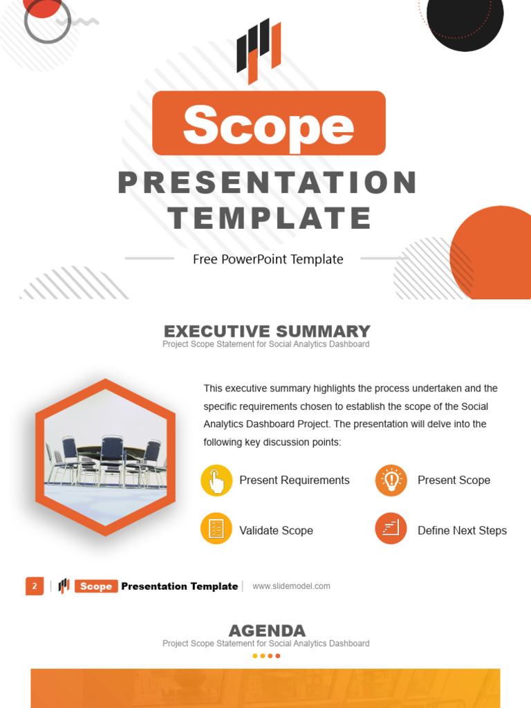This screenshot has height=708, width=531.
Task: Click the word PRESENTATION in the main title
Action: coord(268,183)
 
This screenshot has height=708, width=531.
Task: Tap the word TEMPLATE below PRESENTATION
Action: coord(270,218)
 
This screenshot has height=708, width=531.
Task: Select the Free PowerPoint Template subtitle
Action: coord(268,259)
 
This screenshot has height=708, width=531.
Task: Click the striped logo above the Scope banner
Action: coord(259,50)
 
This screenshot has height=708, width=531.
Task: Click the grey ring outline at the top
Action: coord(47,20)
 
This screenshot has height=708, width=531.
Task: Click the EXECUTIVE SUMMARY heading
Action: coord(267,331)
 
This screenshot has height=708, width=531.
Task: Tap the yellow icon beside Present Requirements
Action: coord(216,481)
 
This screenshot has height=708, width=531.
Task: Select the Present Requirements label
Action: coord(295,481)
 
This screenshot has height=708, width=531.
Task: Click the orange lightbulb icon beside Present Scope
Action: coord(391,481)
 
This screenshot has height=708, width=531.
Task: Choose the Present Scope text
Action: coord(454,481)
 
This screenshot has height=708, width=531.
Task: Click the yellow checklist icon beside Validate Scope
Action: coord(216,530)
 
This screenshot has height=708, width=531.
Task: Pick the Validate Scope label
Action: coord(276,530)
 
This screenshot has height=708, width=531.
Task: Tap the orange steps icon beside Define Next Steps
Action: coord(391,529)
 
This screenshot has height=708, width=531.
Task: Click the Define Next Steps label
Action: coord(462,530)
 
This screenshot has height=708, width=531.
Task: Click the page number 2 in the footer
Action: coord(35,586)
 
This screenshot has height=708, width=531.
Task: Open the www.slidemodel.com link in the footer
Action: coord(291,586)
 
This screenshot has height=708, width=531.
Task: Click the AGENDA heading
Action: coord(267,631)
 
